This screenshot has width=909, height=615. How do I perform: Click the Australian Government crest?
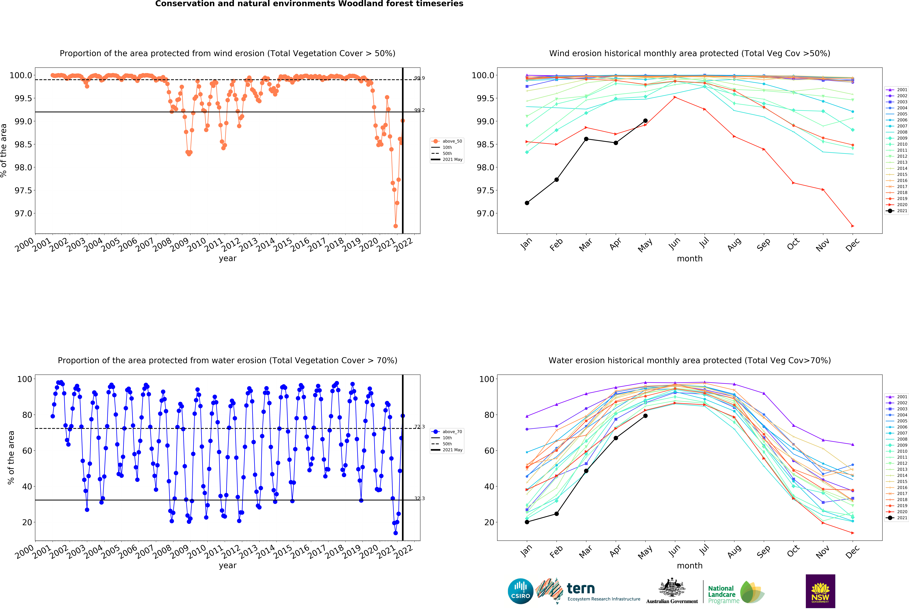coord(672,587)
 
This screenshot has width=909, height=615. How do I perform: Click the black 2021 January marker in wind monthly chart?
coord(527,203)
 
